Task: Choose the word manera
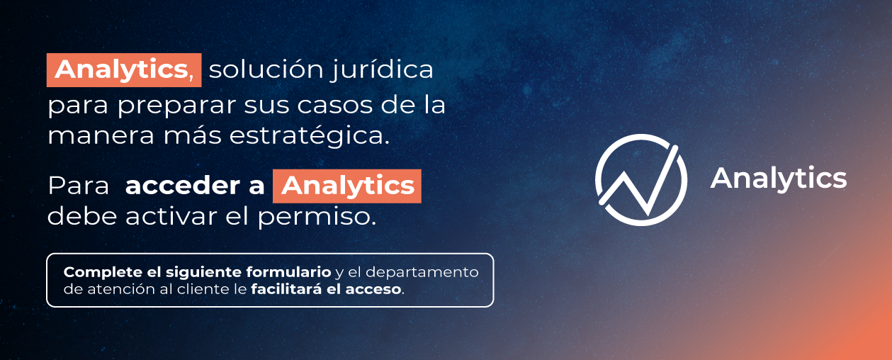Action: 101,136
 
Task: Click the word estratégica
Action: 310,137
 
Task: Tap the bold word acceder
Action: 183,186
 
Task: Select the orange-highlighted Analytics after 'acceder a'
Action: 347,186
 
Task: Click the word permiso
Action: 317,218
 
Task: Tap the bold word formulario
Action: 288,272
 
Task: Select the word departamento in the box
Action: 422,273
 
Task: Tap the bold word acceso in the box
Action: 373,290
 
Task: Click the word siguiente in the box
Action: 203,273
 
